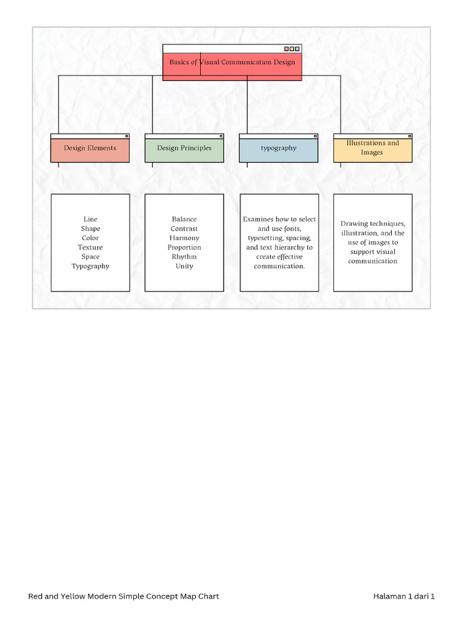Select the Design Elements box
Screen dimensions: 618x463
(x=90, y=148)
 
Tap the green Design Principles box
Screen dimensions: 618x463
(x=184, y=148)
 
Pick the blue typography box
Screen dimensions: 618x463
(x=278, y=148)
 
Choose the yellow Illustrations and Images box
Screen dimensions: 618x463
(x=373, y=148)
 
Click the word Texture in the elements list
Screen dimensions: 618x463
(x=90, y=247)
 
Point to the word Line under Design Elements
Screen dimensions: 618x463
(x=90, y=219)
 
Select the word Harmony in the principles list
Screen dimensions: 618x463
(x=184, y=238)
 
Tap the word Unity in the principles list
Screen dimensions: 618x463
(x=184, y=266)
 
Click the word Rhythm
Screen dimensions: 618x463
(x=184, y=256)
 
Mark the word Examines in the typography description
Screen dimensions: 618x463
(x=258, y=219)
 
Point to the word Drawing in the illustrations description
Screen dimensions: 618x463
(x=353, y=223)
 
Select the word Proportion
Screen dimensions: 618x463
(x=184, y=247)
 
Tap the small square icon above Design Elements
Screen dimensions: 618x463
(x=127, y=136)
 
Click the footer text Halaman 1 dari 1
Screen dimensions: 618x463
(x=403, y=596)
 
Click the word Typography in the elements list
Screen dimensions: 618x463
(x=90, y=266)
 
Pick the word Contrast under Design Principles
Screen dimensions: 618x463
(x=184, y=229)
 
